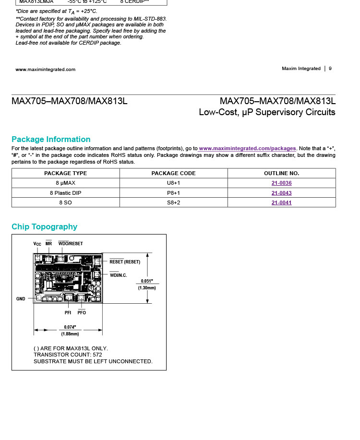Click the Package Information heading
[51, 140]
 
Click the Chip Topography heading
[44, 227]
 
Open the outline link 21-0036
[281, 183]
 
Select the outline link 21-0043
[281, 193]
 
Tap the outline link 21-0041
[281, 202]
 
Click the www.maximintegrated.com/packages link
[248, 149]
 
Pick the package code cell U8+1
[173, 183]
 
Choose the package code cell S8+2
[173, 202]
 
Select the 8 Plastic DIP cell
[65, 193]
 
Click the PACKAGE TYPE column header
[65, 173]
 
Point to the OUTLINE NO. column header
[281, 173]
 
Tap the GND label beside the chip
[21, 299]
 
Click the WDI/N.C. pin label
[118, 275]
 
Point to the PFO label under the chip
[82, 313]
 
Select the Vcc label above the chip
[37, 244]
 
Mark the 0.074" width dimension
[70, 327]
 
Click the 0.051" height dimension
[147, 281]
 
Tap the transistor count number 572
[97, 355]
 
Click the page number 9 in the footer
[330, 69]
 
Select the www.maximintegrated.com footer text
[46, 70]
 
